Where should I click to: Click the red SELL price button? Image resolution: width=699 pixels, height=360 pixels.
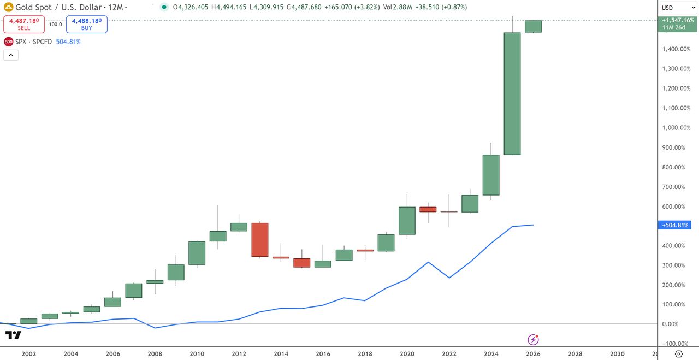pos(23,24)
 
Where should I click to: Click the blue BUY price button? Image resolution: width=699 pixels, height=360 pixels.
pos(87,24)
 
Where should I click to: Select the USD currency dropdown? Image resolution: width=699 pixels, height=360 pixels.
pos(678,7)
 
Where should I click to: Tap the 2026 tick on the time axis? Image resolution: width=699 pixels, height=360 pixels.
pos(533,353)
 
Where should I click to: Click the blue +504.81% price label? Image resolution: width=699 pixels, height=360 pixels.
pos(676,225)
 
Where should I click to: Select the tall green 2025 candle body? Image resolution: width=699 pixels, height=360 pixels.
pos(512,93)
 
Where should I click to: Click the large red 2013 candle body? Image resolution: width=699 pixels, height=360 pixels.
pos(260,240)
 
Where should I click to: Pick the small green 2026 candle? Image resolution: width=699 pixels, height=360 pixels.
pos(533,26)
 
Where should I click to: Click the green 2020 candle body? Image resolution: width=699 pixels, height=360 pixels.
pos(407,221)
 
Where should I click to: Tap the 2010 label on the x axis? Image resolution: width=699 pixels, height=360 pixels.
pos(197,353)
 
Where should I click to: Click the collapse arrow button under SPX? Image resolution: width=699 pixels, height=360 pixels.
pos(11,55)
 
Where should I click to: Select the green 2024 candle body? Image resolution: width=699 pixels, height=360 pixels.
pos(491,175)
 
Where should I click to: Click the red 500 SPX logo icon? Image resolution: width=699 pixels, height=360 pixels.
pos(9,42)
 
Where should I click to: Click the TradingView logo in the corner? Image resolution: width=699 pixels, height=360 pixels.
pos(13,335)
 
